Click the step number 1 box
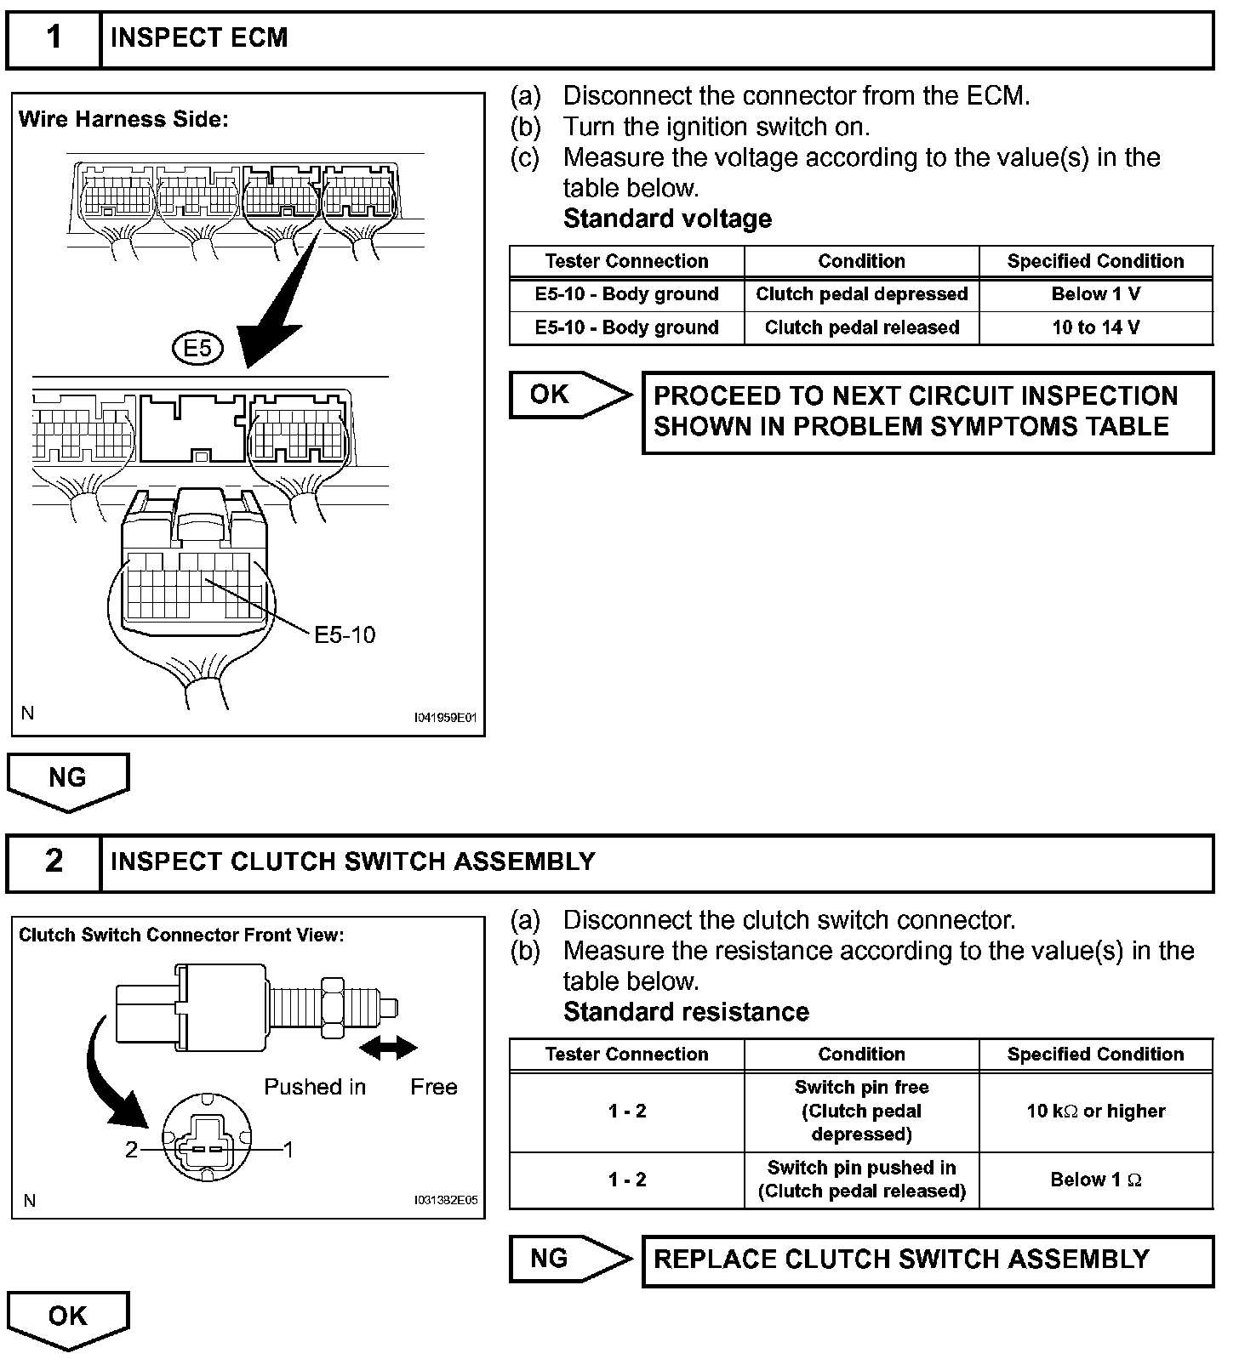coord(54,39)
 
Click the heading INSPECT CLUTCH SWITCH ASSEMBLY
coord(352,861)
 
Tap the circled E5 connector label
coord(197,348)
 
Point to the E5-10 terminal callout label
coord(345,635)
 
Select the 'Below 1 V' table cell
coord(1095,294)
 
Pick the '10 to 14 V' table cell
coord(1095,327)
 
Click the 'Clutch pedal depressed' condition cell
coord(861,294)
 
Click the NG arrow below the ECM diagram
coord(68,780)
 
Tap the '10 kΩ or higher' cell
coord(1095,1111)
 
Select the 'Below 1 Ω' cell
coord(1095,1180)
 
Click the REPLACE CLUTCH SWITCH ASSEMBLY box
coord(927,1259)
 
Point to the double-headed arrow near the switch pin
coord(389,1049)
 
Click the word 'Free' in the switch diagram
coord(433,1087)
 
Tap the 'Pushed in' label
coord(315,1087)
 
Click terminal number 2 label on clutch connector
coord(131,1150)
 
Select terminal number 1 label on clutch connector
coord(288,1150)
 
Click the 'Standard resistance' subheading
coord(686,1012)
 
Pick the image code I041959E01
coord(445,718)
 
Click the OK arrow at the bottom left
coord(68,1317)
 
